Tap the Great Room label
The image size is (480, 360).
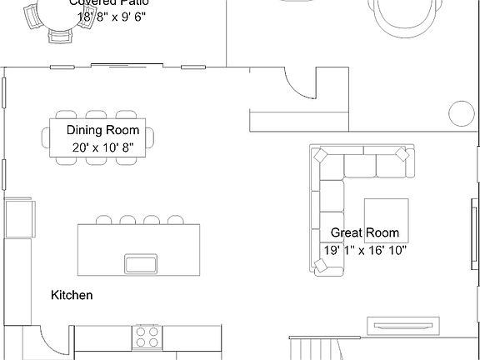click(x=365, y=232)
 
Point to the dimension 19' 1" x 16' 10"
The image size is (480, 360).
click(x=365, y=250)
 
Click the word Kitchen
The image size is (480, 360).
click(x=72, y=295)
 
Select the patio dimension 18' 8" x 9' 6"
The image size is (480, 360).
click(x=111, y=17)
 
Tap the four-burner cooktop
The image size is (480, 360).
click(x=147, y=337)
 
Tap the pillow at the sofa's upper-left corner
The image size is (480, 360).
click(x=320, y=155)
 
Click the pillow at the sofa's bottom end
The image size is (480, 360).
click(x=321, y=266)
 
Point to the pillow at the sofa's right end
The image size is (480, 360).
click(x=403, y=155)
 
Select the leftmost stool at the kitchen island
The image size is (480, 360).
click(x=104, y=220)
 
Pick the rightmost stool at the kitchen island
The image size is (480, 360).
click(x=176, y=220)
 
